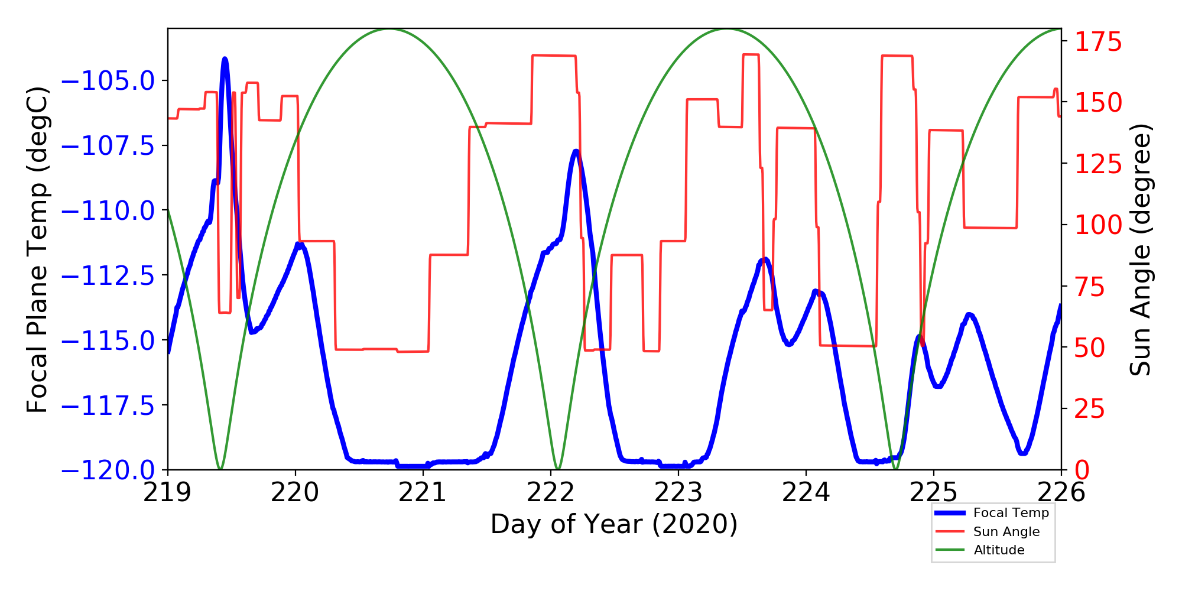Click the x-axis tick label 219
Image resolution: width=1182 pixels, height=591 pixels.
click(x=167, y=492)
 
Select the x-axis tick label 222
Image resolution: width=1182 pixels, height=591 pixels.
click(x=550, y=492)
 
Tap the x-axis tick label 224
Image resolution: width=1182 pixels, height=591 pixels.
click(x=806, y=492)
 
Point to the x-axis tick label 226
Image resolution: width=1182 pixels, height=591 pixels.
click(x=1061, y=492)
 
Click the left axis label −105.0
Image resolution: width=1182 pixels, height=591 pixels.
click(x=108, y=81)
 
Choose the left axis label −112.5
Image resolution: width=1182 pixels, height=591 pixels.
click(x=108, y=275)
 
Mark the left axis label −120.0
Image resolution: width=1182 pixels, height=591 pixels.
click(x=108, y=470)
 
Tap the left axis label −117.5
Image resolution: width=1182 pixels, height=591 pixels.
click(x=108, y=405)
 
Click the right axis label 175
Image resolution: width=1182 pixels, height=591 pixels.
click(x=1098, y=43)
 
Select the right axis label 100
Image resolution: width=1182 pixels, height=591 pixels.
click(x=1098, y=225)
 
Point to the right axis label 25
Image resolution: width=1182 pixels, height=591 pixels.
click(x=1089, y=409)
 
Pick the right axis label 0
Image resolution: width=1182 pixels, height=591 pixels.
click(x=1082, y=470)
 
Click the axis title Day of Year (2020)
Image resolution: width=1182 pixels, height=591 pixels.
click(x=614, y=524)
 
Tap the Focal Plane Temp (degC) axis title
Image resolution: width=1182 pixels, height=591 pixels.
click(x=37, y=249)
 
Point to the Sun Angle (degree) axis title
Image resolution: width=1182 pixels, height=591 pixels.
click(x=1141, y=249)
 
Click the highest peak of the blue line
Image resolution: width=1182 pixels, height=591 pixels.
click(x=225, y=59)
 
